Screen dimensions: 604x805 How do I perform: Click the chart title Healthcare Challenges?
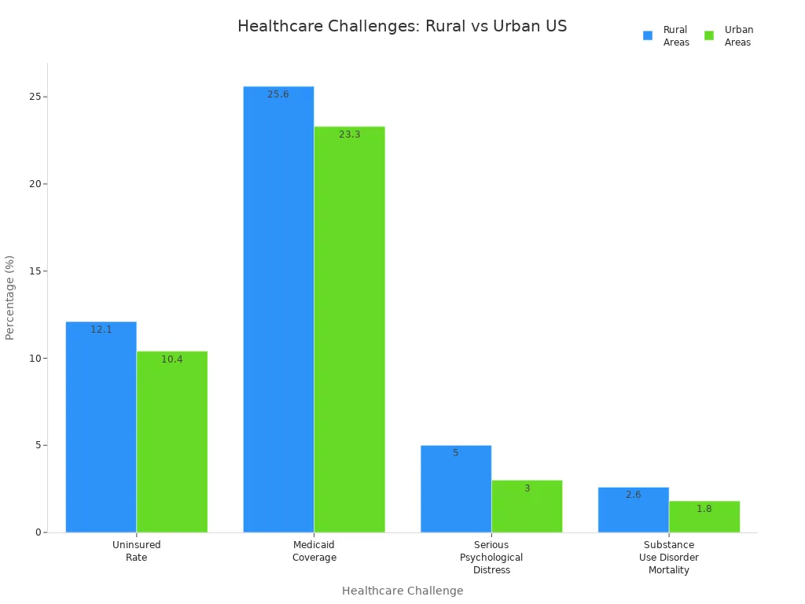[402, 27]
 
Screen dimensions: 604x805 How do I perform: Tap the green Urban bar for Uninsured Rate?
[172, 442]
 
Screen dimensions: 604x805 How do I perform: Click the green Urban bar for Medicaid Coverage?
[350, 330]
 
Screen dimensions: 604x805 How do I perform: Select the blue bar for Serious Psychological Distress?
[456, 489]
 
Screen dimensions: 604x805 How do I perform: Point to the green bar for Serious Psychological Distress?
[527, 506]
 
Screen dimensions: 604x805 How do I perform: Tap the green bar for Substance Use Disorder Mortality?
[704, 517]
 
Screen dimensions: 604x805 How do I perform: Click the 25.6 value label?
[278, 94]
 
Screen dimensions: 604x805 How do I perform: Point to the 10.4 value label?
[172, 359]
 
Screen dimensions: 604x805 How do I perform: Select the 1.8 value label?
[704, 509]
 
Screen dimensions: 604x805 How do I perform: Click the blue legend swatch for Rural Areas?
[648, 35]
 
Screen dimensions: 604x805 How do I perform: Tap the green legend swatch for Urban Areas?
[709, 35]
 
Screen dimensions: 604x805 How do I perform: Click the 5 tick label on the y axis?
[37, 445]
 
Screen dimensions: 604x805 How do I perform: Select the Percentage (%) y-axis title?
[10, 297]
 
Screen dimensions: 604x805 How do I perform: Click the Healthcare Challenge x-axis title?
[402, 591]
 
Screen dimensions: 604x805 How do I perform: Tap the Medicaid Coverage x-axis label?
[314, 551]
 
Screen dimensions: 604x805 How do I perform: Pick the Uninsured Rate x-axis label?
[137, 551]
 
